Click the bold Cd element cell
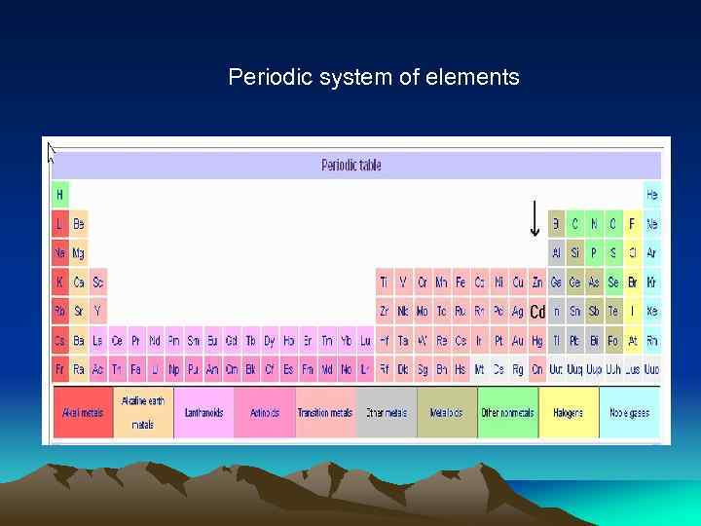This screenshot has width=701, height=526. click(x=536, y=312)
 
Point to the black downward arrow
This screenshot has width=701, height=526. click(x=534, y=218)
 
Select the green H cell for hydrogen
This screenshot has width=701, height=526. click(x=60, y=195)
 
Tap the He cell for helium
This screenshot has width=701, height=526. click(x=651, y=195)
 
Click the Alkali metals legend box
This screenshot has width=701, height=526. click(x=84, y=413)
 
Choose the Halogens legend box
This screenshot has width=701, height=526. click(x=568, y=413)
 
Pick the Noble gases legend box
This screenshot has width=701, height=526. click(x=629, y=413)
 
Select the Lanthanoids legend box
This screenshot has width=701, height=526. click(x=204, y=413)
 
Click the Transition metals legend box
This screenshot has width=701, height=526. click(x=325, y=413)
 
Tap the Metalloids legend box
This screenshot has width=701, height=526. click(x=447, y=413)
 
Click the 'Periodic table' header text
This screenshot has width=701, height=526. click(x=351, y=166)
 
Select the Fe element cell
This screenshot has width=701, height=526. click(x=461, y=282)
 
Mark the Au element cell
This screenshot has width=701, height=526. click(x=518, y=341)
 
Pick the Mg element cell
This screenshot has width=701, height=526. click(x=79, y=253)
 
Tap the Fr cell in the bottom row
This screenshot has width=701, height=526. click(x=60, y=370)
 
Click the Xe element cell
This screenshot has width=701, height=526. click(x=651, y=312)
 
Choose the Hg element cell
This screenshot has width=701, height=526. click(x=536, y=341)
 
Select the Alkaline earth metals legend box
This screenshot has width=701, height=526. click(x=143, y=413)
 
